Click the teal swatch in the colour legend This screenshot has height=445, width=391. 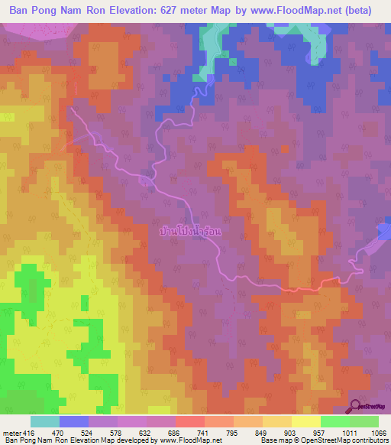point(45,421)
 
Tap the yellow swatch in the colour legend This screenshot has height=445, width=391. point(306,421)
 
